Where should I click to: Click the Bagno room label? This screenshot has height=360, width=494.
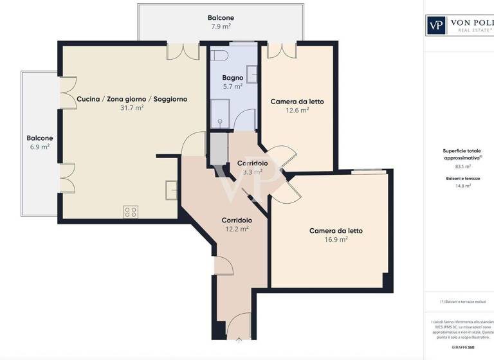pyautogui.click(x=232, y=78)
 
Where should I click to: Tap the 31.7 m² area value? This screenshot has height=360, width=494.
pyautogui.click(x=131, y=108)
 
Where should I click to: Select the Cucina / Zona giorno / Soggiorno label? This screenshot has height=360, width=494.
pyautogui.click(x=132, y=99)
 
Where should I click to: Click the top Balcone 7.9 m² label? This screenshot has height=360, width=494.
pyautogui.click(x=220, y=17)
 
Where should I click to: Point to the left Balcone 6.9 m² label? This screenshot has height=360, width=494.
pyautogui.click(x=40, y=138)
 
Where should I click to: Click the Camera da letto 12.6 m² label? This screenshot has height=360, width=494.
pyautogui.click(x=297, y=102)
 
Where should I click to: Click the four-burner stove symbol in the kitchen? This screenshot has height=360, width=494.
pyautogui.click(x=131, y=212)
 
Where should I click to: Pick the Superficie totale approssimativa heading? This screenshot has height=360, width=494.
pyautogui.click(x=458, y=154)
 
